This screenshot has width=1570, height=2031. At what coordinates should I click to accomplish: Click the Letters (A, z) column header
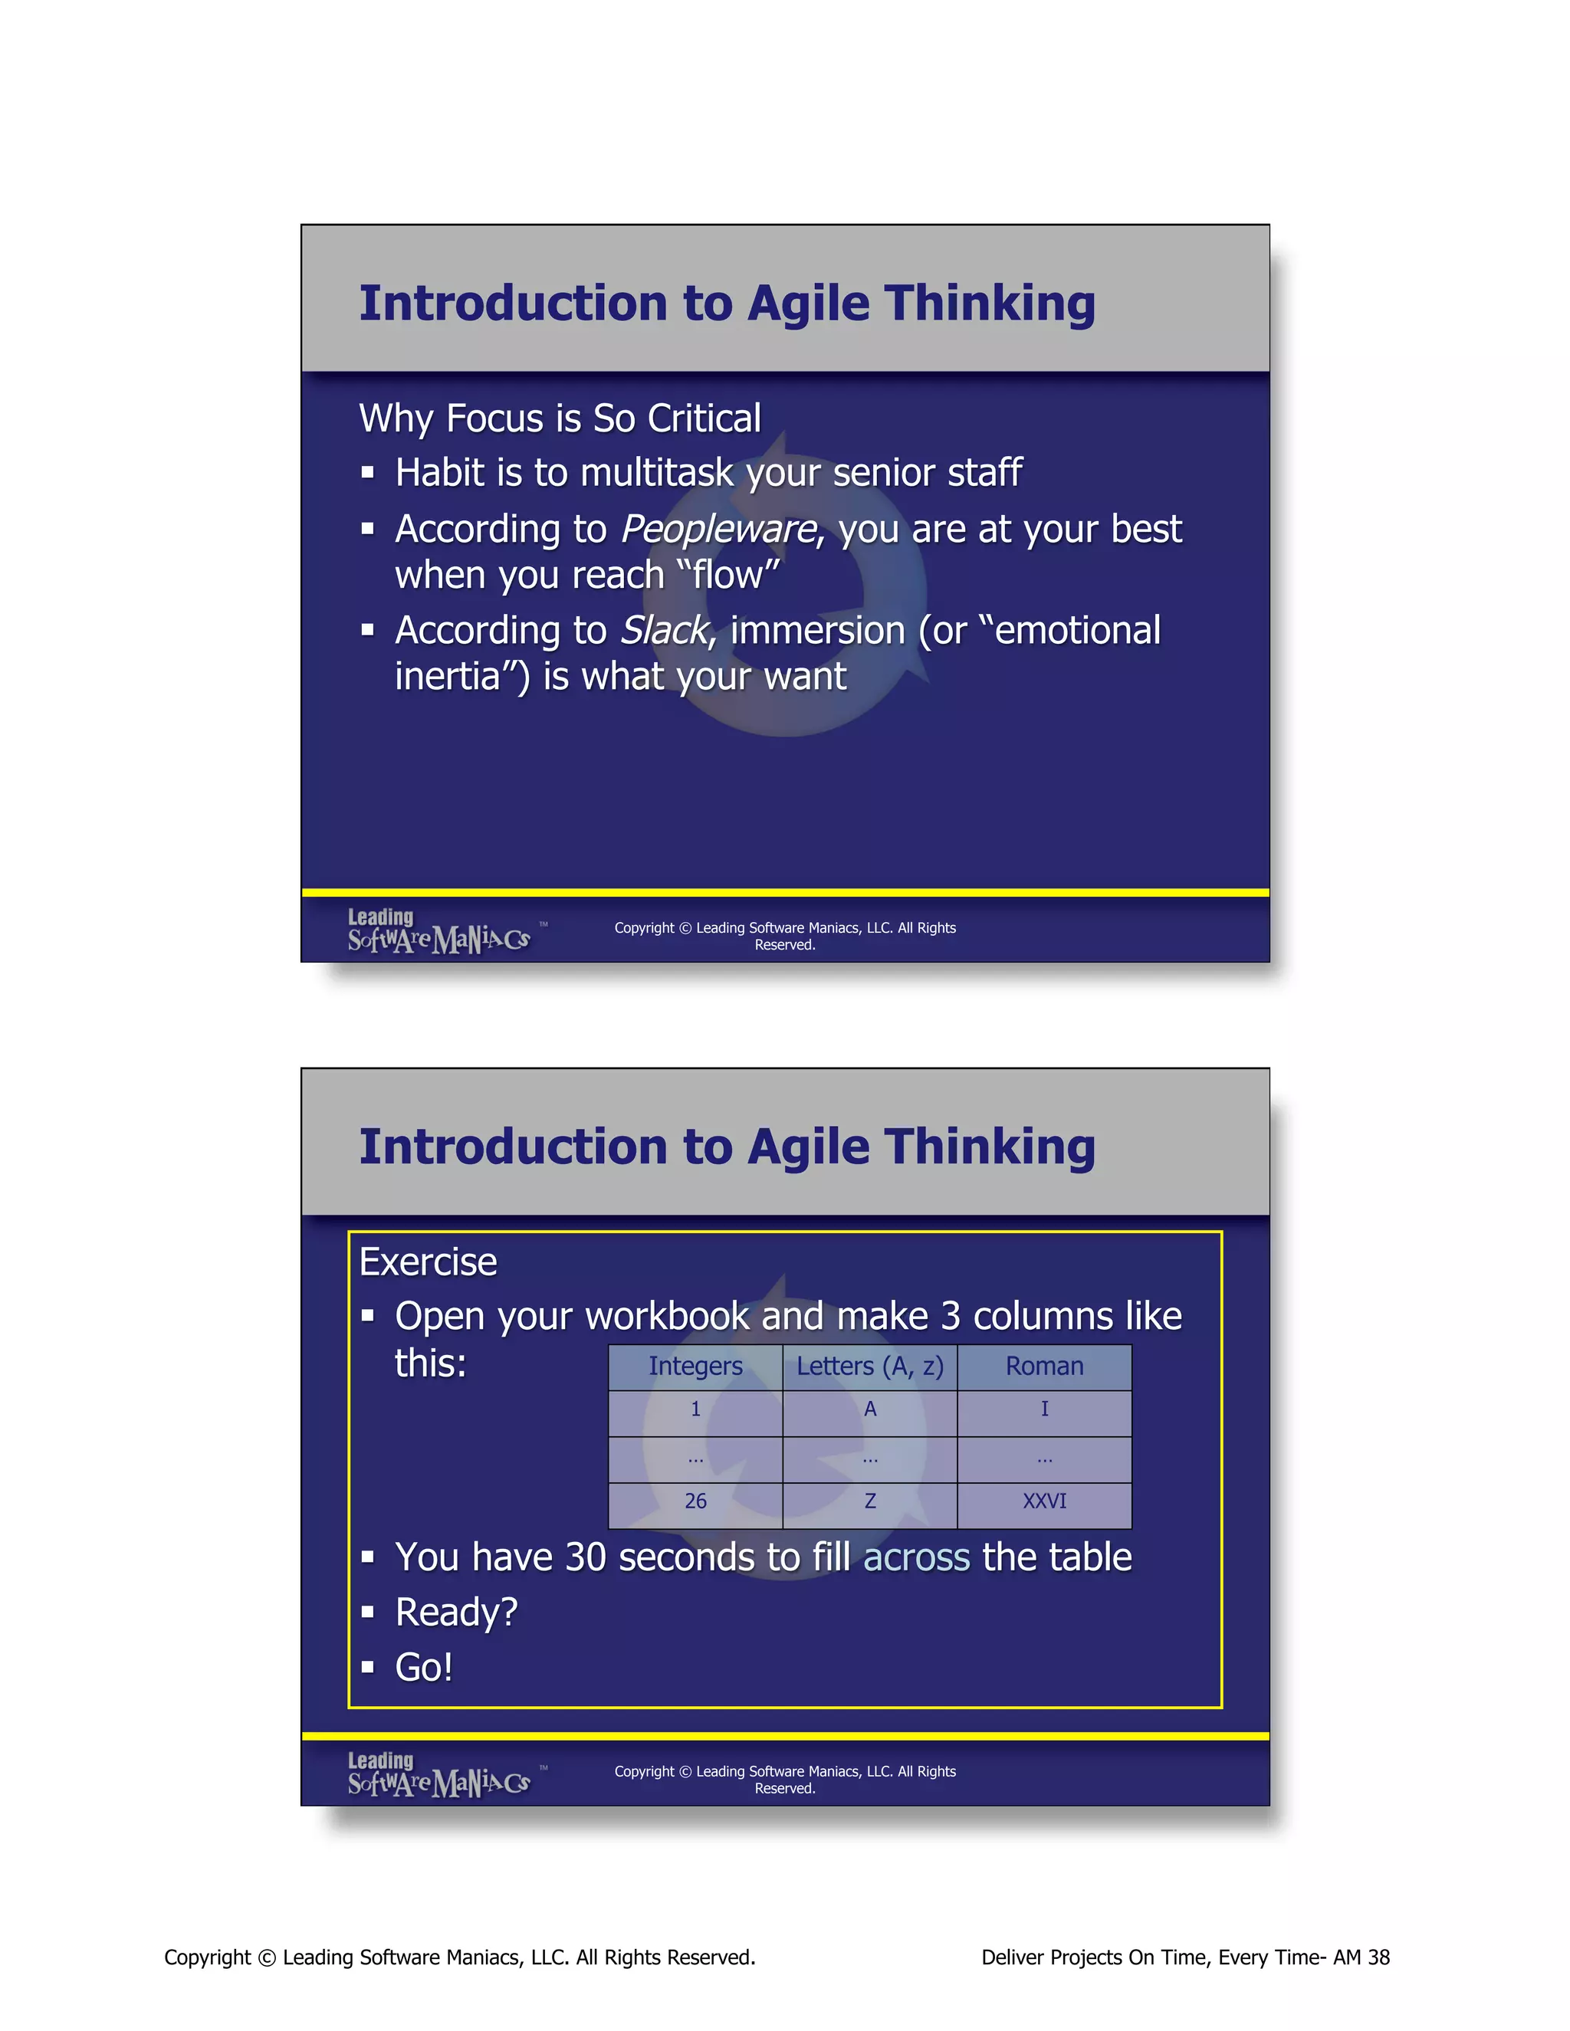click(869, 1366)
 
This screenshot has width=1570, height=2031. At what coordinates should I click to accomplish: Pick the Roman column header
click(1045, 1366)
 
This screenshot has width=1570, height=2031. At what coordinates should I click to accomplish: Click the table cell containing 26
click(696, 1501)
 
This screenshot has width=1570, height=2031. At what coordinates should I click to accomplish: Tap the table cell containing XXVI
click(1045, 1501)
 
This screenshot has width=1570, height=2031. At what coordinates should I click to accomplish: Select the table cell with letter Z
click(869, 1501)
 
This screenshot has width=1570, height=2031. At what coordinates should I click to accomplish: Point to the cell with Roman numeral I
click(1045, 1409)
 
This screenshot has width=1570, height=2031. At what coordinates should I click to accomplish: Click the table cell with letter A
click(869, 1409)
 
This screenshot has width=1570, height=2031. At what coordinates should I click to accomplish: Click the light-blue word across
click(916, 1557)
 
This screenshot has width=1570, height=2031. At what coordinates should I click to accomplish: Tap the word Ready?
click(456, 1613)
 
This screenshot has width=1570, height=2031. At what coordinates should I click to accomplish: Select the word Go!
click(424, 1668)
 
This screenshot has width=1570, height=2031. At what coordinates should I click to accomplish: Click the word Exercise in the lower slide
click(428, 1263)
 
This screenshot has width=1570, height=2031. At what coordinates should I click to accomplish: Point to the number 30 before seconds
click(585, 1557)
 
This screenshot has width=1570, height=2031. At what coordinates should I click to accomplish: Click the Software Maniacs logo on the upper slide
click(439, 932)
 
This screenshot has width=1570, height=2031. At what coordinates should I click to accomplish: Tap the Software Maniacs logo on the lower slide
click(439, 1775)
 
